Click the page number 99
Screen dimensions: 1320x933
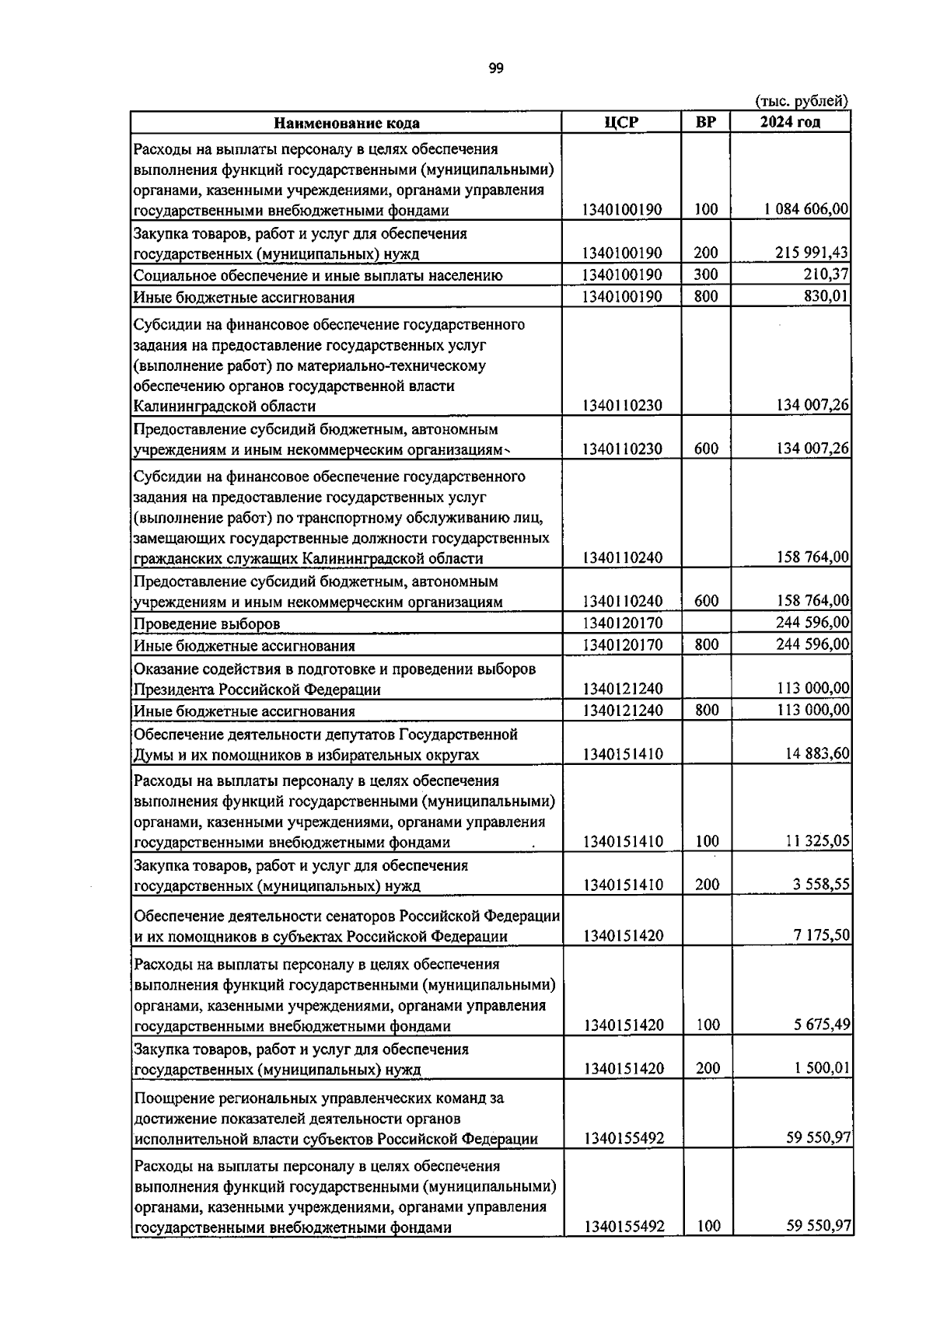click(x=496, y=68)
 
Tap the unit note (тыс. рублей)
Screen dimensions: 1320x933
click(x=801, y=100)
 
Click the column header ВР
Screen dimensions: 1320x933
click(x=705, y=122)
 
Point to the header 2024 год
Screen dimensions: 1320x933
click(x=790, y=122)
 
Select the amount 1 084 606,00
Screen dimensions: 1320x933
click(x=806, y=209)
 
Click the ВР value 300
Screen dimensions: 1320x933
click(x=706, y=274)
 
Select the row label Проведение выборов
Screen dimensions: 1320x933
click(x=207, y=623)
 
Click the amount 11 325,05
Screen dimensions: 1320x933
click(x=816, y=841)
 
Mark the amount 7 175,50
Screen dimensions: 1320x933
click(x=822, y=935)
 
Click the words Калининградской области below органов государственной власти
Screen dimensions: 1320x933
click(x=225, y=406)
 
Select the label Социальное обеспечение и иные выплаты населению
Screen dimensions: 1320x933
click(x=318, y=275)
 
